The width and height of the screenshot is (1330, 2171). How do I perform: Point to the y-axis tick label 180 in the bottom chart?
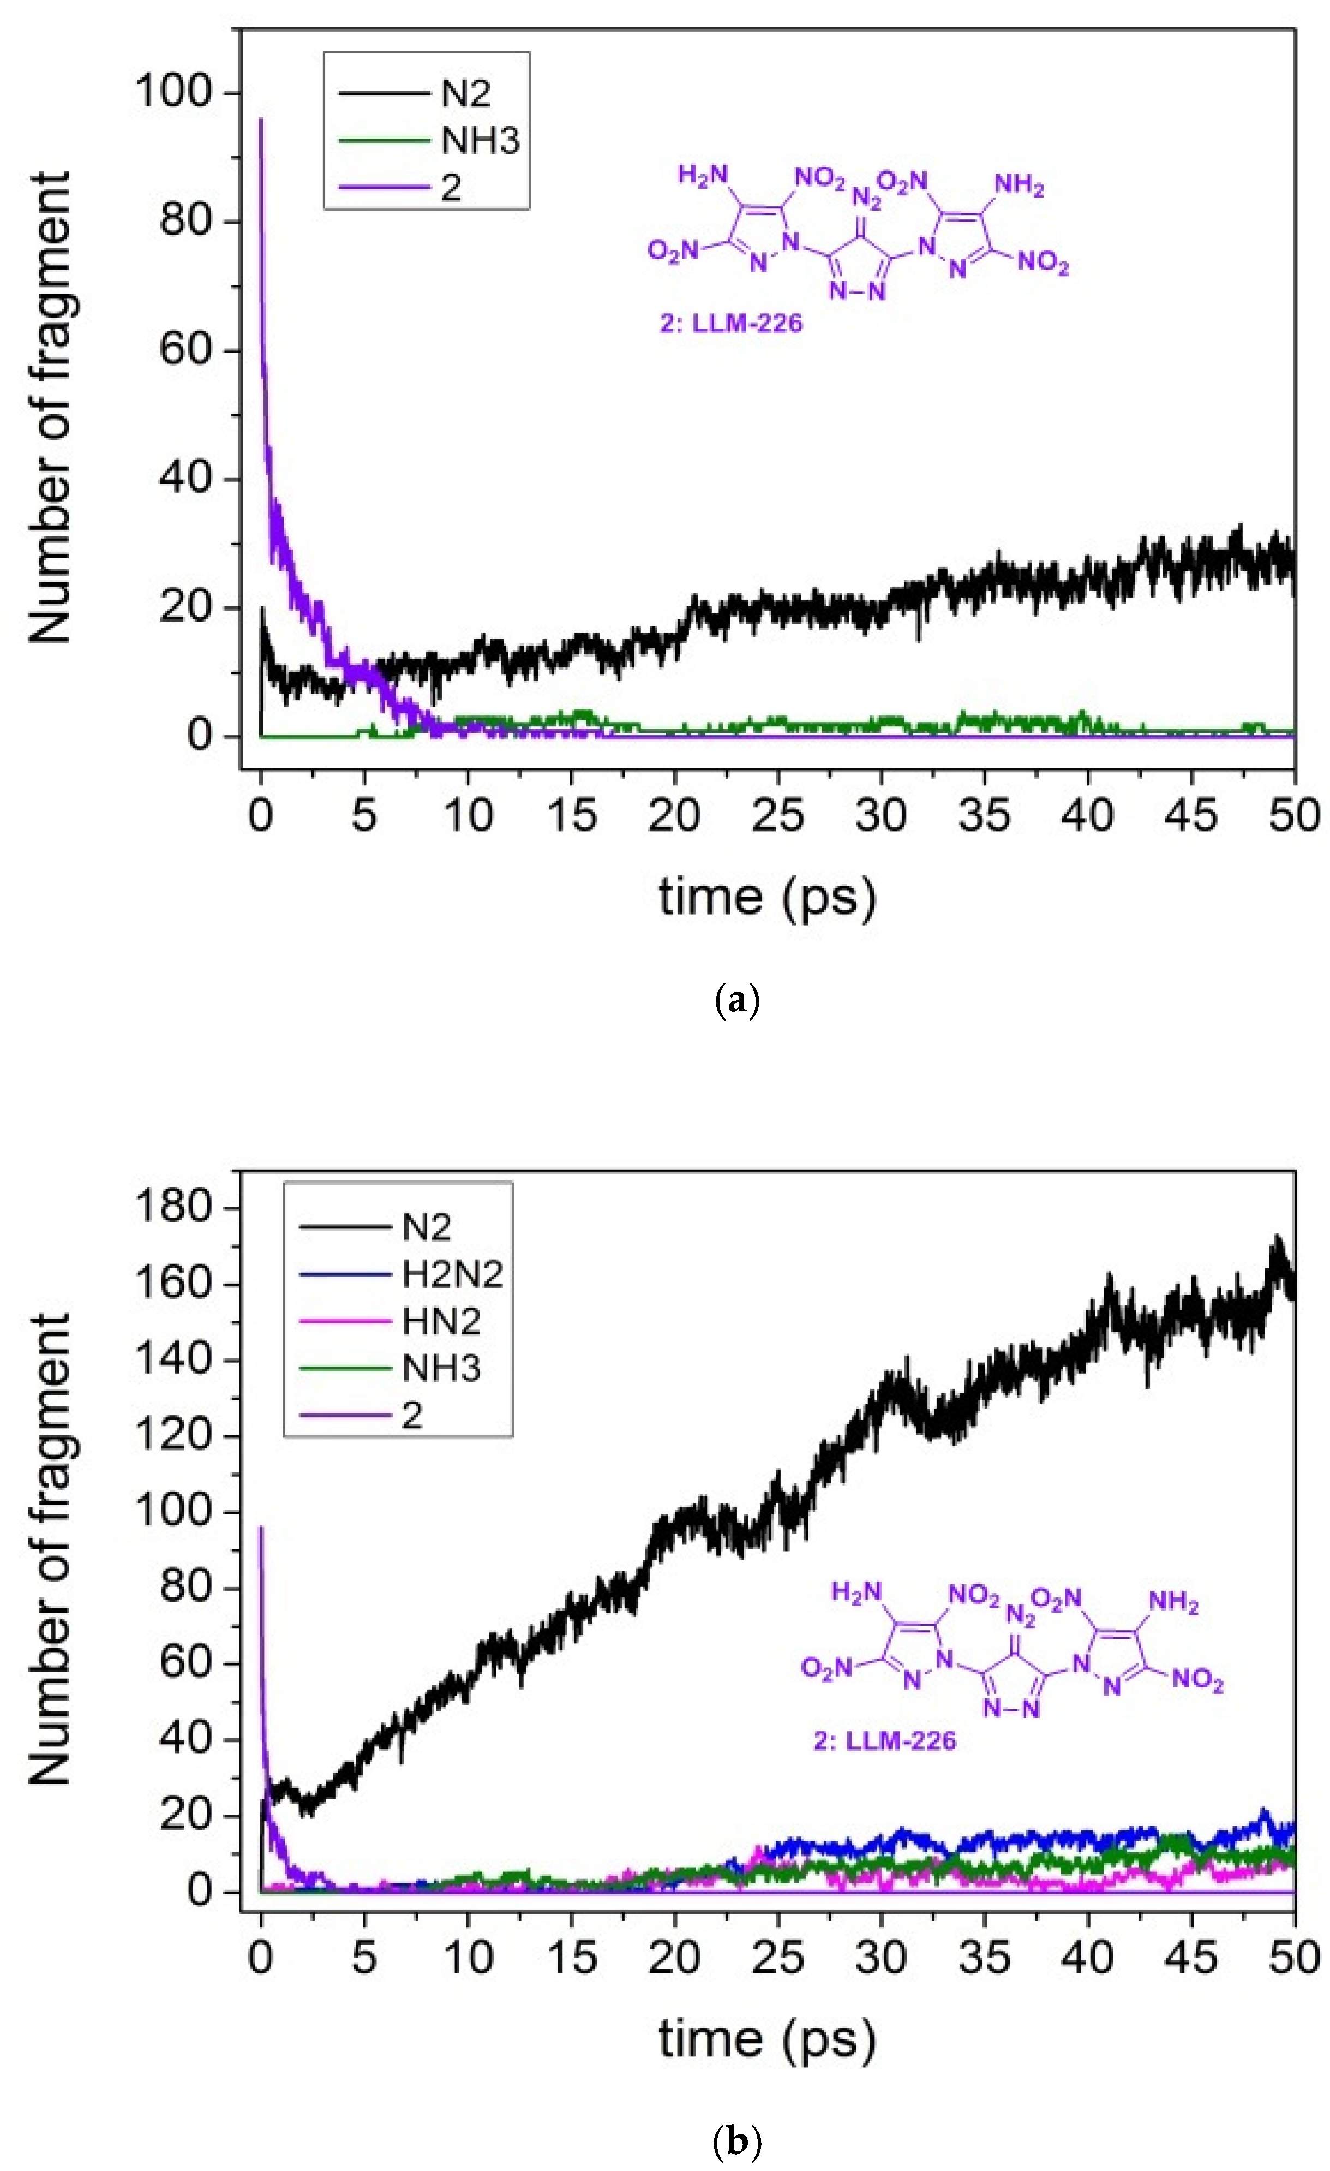[x=175, y=1206]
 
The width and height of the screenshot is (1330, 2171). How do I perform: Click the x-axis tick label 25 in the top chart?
[x=778, y=816]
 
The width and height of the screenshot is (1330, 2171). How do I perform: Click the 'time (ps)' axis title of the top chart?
[x=767, y=897]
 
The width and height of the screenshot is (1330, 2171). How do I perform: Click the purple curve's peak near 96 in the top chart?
[x=261, y=121]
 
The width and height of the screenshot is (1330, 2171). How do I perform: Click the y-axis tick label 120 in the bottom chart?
[x=175, y=1435]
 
